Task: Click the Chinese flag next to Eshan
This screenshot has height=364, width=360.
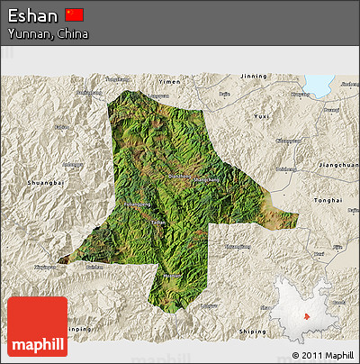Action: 75,14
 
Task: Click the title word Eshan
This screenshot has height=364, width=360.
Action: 34,15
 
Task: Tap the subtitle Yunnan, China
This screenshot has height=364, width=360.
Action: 49,33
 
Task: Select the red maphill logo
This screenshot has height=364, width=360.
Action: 37,325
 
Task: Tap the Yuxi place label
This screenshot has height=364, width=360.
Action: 260,116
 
